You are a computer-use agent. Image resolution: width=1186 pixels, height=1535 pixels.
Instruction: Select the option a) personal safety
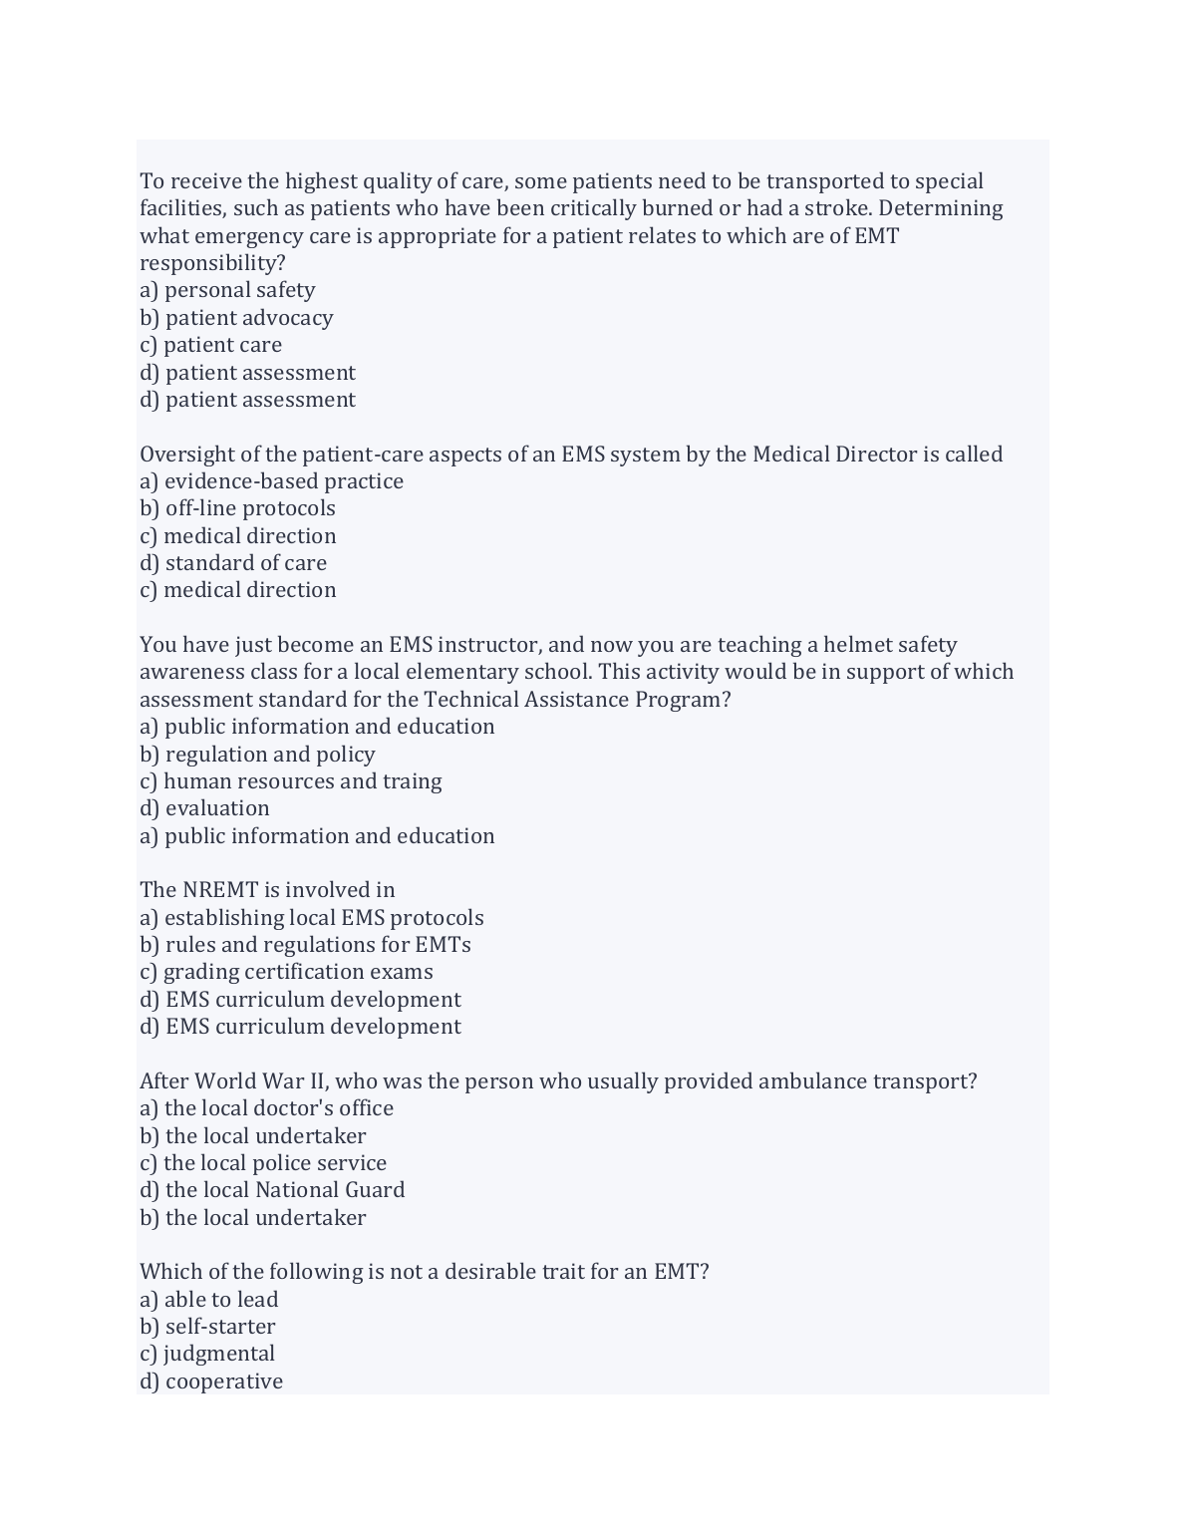coord(227,290)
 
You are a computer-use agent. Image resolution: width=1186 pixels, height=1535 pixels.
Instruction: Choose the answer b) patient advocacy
coord(236,318)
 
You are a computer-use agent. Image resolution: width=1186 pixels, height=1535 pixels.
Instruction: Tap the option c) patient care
coord(210,345)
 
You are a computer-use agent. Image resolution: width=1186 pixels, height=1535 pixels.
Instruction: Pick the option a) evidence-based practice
coord(271,481)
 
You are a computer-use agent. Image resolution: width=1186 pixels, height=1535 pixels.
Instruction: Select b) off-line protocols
coord(237,508)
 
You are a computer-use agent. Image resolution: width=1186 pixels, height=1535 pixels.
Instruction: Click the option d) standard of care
coord(233,563)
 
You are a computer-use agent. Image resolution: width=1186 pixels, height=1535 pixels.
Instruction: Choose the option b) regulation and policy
coord(257,755)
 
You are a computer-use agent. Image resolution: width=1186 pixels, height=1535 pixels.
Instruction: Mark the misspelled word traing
coord(412,781)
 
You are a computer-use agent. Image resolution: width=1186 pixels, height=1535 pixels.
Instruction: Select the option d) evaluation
coord(204,808)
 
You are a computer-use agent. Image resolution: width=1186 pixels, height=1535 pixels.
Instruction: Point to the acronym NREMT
coord(219,890)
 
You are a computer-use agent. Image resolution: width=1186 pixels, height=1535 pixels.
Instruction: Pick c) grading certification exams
coord(286,972)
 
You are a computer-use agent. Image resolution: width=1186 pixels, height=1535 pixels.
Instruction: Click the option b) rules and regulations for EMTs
coord(305,945)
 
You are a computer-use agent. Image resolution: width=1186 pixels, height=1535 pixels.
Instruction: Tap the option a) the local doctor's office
coord(266,1108)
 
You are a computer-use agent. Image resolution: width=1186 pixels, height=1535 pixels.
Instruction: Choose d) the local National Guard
coord(272,1190)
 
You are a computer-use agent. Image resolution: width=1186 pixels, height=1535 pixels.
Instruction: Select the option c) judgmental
coord(207,1354)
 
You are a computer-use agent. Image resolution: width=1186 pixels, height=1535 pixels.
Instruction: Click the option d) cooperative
coord(211,1381)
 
